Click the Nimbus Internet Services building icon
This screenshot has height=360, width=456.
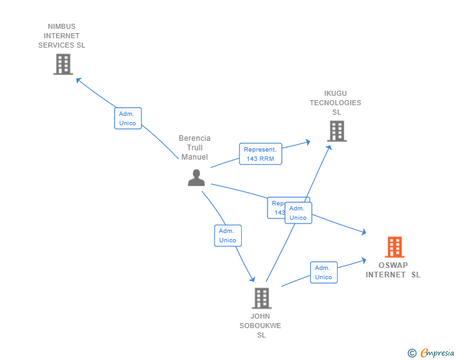[x=63, y=64]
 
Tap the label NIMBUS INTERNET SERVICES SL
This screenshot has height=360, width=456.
[x=61, y=36]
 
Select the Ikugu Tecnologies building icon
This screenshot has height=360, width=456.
[x=336, y=131]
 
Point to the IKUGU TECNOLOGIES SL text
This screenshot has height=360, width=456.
[x=335, y=103]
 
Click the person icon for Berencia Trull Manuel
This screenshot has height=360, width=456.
[x=196, y=178]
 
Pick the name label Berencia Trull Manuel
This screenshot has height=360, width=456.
[x=195, y=148]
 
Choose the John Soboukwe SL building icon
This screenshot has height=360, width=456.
[x=261, y=298]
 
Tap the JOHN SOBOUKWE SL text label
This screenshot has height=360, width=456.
[x=261, y=326]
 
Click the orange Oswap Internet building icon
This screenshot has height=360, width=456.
[x=394, y=247]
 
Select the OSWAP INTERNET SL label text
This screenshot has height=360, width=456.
[x=393, y=270]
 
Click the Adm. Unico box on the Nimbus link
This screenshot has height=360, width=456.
[x=128, y=118]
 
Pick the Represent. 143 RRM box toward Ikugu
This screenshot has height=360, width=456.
[x=261, y=154]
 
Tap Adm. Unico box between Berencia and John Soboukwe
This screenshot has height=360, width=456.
[x=227, y=235]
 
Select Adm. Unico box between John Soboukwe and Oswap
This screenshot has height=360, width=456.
[x=323, y=272]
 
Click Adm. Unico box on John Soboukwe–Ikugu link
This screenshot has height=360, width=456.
[x=298, y=213]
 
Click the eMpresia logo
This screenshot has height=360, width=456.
[x=437, y=353]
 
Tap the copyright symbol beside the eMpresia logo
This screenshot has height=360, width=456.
[x=412, y=353]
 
